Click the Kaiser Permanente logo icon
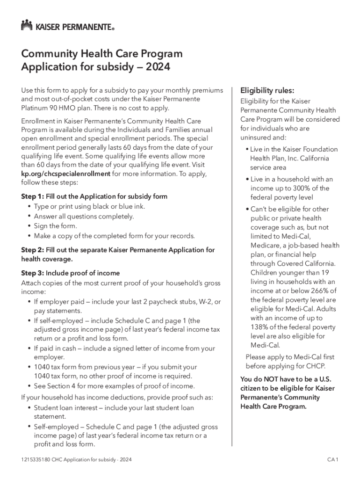click(x=27, y=25)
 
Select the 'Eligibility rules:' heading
click(x=267, y=90)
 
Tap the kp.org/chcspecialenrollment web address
click(x=66, y=174)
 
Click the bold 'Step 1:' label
click(x=32, y=196)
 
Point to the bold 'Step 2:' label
click(x=32, y=250)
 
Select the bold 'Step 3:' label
click(x=32, y=273)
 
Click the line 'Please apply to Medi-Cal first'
click(x=290, y=357)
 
